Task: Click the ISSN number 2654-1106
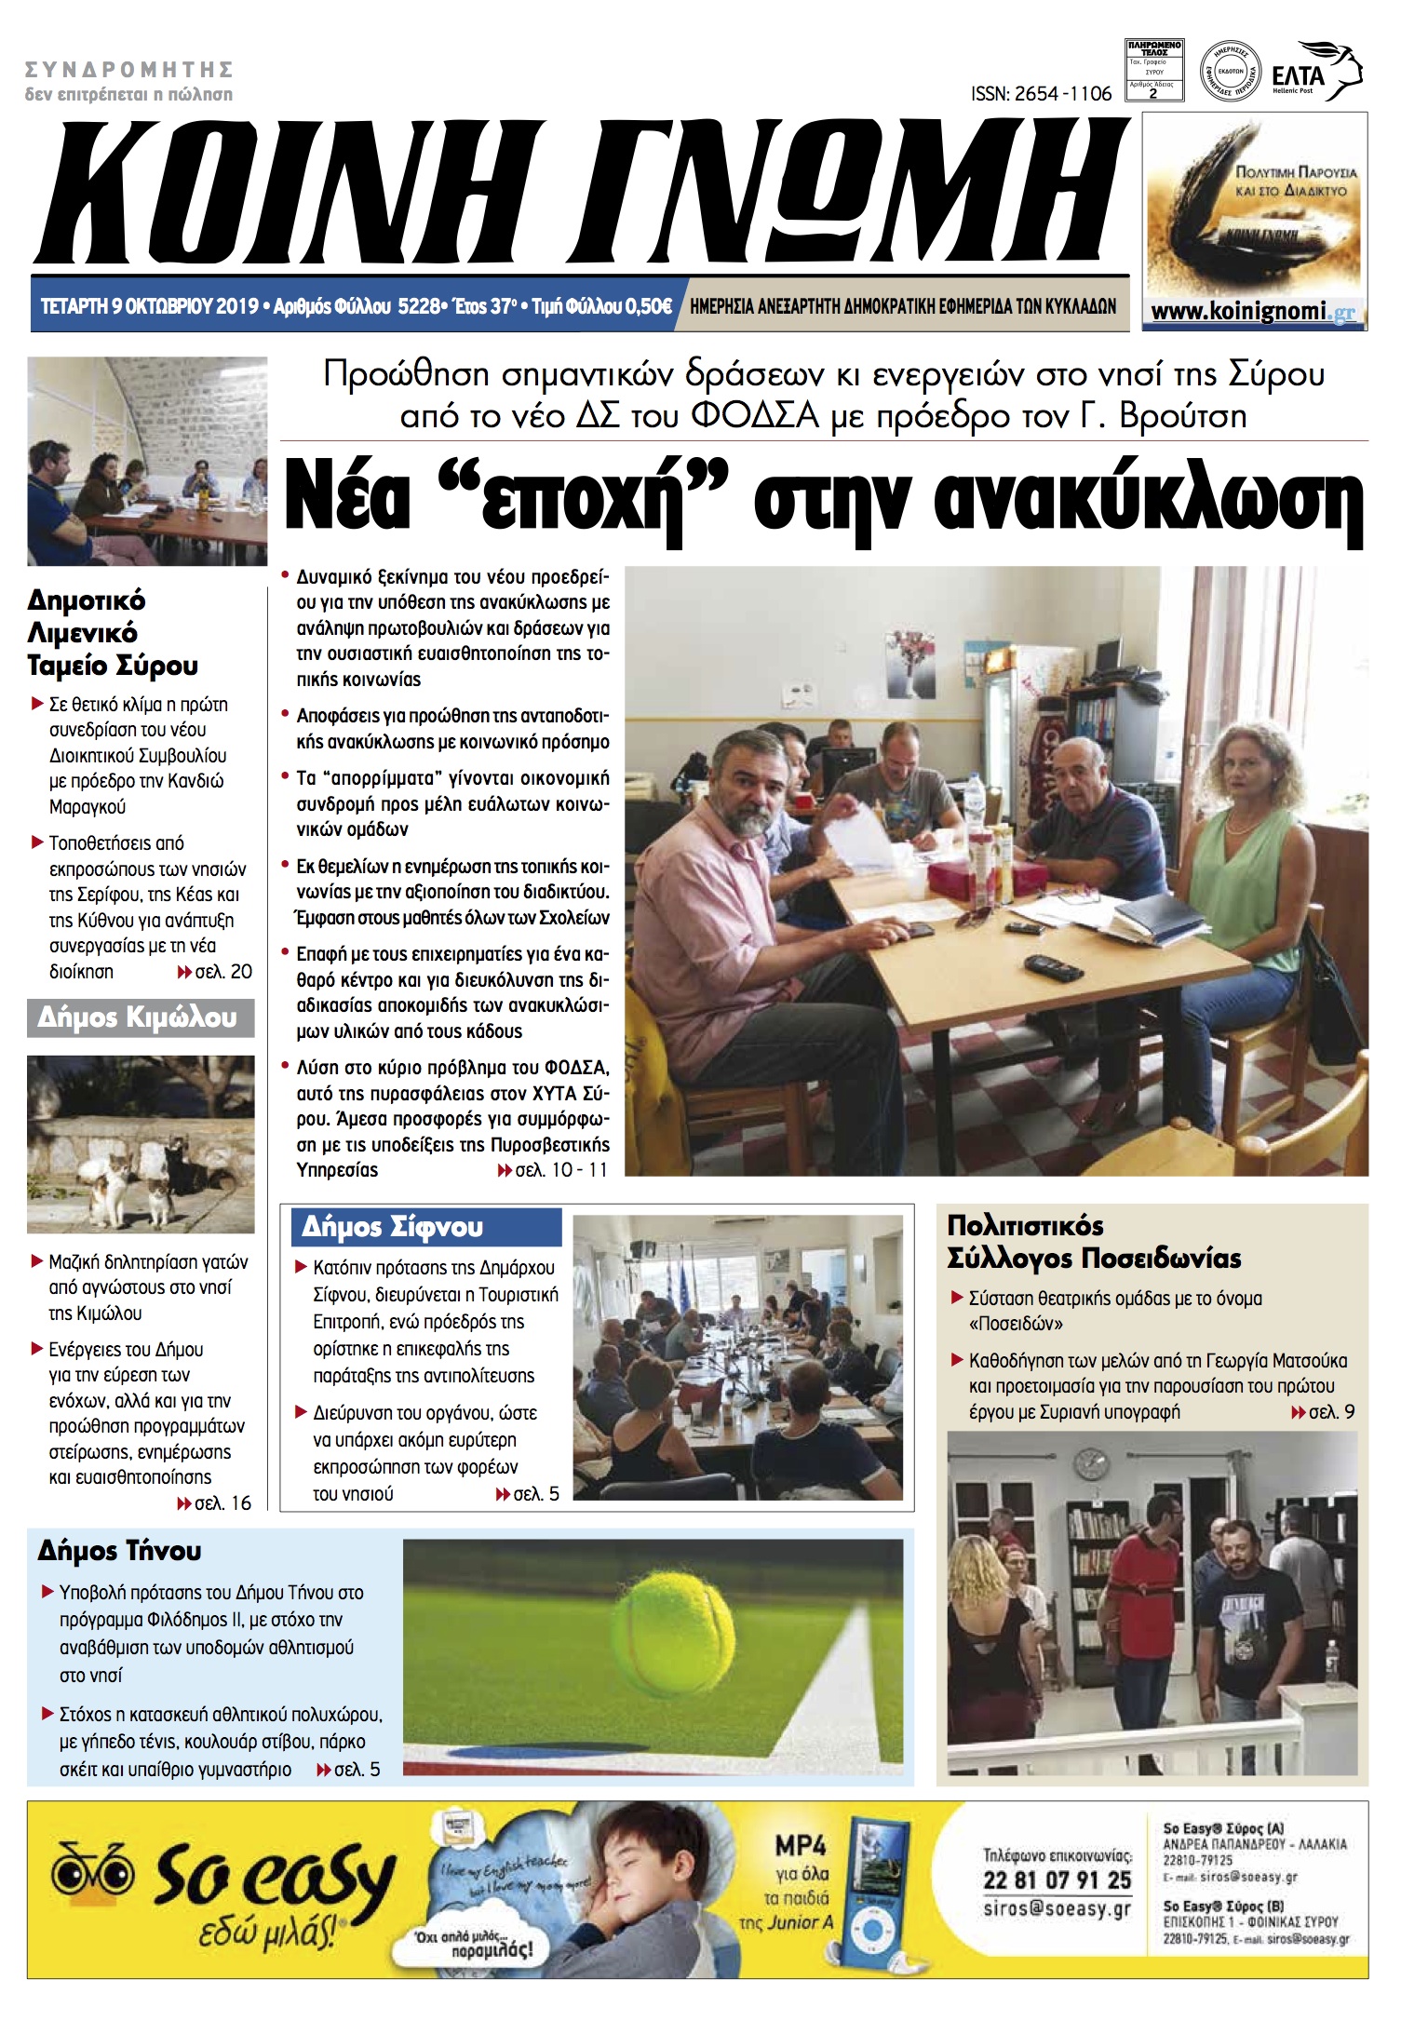click(1041, 94)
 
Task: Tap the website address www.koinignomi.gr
click(1253, 311)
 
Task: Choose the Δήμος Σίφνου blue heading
click(393, 1227)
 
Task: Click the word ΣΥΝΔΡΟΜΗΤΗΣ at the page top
click(128, 70)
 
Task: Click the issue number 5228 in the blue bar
click(417, 306)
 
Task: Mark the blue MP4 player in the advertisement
click(874, 1885)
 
